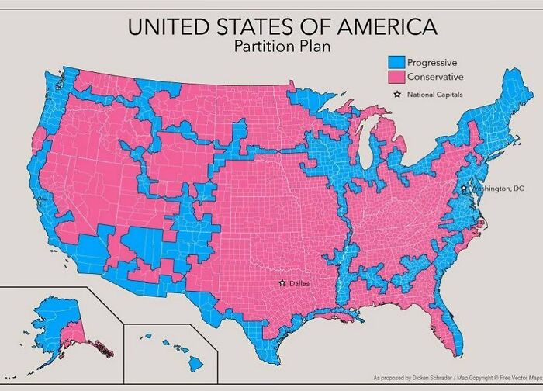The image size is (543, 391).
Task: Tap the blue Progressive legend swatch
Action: click(x=395, y=63)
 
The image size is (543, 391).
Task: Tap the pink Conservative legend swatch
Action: click(x=395, y=78)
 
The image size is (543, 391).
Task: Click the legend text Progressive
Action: click(x=432, y=63)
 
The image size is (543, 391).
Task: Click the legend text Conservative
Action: click(x=435, y=78)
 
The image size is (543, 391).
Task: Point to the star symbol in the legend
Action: click(x=397, y=95)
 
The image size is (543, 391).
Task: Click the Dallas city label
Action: click(x=299, y=284)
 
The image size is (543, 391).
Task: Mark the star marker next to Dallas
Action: click(x=282, y=283)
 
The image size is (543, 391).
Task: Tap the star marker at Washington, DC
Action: click(x=463, y=189)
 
